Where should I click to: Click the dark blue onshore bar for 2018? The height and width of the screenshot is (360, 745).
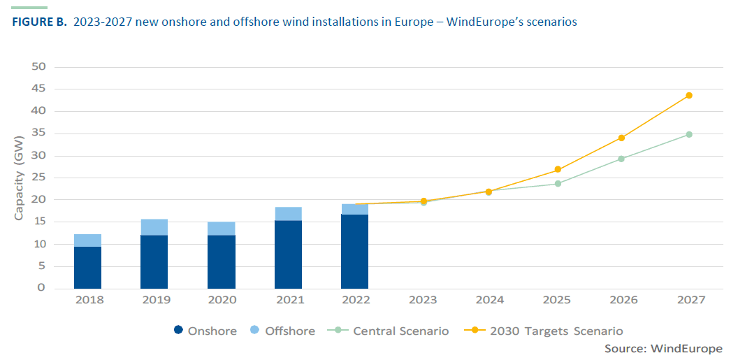(87, 267)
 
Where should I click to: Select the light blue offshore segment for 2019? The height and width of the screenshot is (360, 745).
(154, 227)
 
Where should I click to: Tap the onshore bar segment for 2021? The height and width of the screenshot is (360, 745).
(288, 254)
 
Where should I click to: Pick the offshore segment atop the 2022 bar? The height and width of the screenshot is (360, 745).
(354, 209)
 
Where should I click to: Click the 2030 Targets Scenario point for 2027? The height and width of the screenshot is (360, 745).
(689, 95)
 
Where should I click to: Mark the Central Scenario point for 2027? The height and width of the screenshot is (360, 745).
(689, 134)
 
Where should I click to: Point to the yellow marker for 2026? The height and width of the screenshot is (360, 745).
(622, 138)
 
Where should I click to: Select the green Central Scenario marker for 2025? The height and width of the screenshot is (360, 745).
(558, 184)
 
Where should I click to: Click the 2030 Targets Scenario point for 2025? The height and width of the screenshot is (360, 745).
(558, 169)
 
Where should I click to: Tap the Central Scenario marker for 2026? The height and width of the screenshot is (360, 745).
(622, 159)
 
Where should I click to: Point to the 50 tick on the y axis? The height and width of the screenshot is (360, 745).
(38, 67)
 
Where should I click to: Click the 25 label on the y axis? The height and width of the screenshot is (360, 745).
(38, 178)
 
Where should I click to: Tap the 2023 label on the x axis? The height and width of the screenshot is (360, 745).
(422, 300)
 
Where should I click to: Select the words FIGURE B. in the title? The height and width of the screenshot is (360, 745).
(40, 22)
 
